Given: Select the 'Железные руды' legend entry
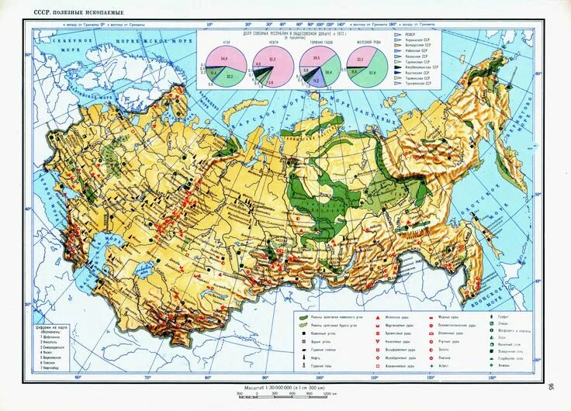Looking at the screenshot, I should tap(390, 318).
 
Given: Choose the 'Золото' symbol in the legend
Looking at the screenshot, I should tap(445, 351).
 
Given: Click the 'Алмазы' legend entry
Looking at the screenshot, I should tap(504, 367).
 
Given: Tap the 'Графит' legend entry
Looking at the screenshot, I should tap(504, 317).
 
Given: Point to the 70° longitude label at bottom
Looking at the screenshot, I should tap(147, 378).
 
